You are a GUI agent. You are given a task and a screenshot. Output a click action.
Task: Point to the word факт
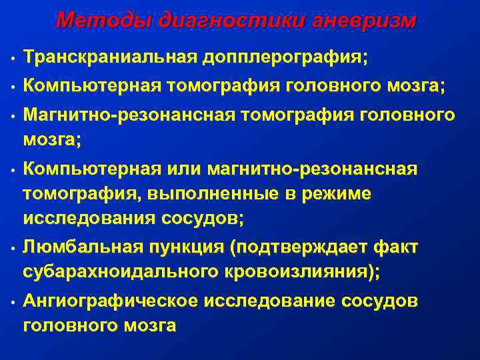pos(395,248)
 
